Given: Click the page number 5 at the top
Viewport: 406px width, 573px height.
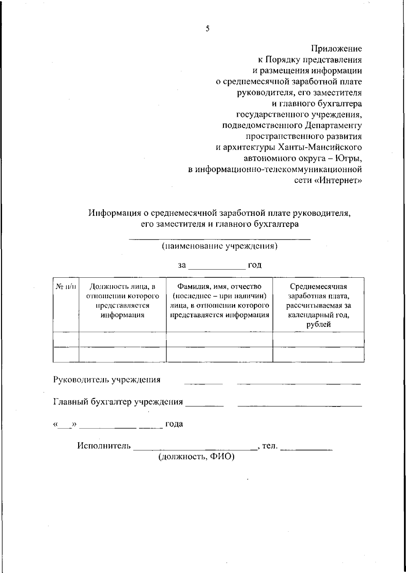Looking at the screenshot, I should tap(207, 29).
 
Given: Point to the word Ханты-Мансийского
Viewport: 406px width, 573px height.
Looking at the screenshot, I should tap(320, 148).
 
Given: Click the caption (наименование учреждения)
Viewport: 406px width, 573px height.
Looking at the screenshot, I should tap(220, 246).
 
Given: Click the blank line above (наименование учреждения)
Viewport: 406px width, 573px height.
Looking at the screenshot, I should tap(220, 239).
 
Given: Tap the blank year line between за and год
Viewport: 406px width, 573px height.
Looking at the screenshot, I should tap(217, 269).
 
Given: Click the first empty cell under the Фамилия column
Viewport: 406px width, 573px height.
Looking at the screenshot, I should tap(219, 339).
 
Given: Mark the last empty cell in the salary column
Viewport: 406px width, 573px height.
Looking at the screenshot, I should tap(318, 354).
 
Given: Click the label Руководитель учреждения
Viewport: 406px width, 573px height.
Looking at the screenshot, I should tap(107, 380).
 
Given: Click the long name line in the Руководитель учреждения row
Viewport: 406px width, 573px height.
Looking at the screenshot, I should tap(299, 383).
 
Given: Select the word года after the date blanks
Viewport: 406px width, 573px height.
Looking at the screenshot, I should tap(174, 424).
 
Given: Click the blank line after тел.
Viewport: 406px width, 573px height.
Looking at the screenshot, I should tap(307, 449).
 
